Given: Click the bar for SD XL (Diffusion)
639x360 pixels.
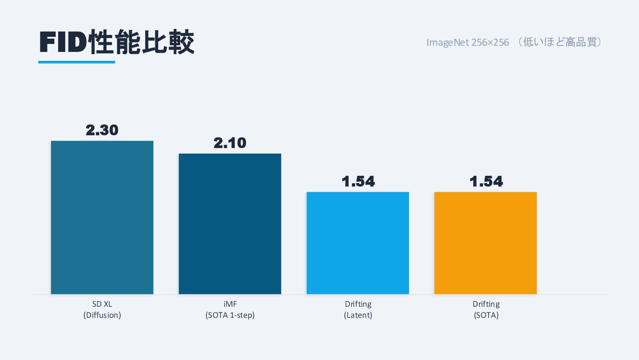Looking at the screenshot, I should tap(102, 217).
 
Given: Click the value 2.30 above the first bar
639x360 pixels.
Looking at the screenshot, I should tap(102, 130).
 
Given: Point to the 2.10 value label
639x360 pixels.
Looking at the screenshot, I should tap(230, 143).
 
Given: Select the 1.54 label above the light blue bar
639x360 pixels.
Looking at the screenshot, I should tap(358, 181).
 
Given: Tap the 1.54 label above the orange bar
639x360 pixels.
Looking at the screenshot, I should tap(485, 181).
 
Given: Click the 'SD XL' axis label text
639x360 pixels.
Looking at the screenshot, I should tap(102, 305).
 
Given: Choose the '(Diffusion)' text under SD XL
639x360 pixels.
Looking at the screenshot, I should tap(102, 316).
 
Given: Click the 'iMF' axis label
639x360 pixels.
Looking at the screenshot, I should tap(230, 305).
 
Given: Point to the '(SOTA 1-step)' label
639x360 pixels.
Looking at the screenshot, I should tap(230, 316).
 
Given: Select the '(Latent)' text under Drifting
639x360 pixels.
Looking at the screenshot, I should tap(358, 316).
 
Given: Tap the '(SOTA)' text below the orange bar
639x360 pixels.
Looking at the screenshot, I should tap(485, 316).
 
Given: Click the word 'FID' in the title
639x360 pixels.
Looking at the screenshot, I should tap(62, 43).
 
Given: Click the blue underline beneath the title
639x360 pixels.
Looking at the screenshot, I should tap(76, 62).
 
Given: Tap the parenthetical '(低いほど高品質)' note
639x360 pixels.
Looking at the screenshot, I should tap(560, 43).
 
